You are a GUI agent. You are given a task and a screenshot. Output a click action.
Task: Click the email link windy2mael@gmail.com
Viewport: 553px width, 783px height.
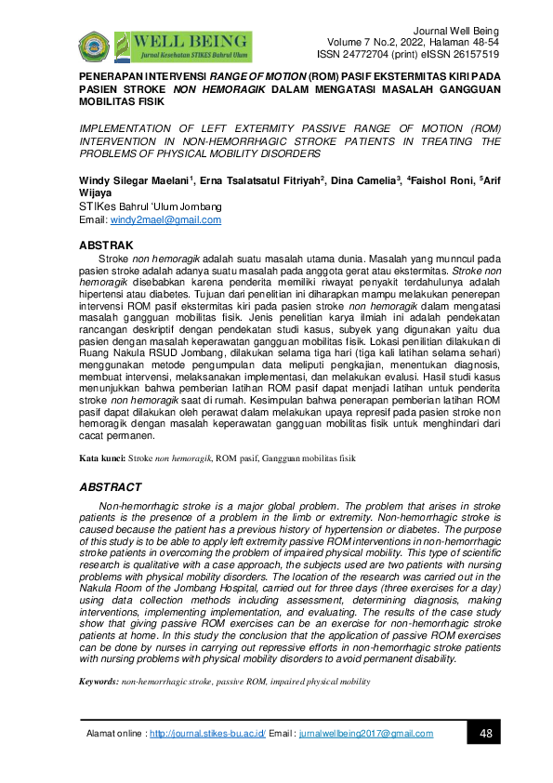pyautogui.click(x=165, y=220)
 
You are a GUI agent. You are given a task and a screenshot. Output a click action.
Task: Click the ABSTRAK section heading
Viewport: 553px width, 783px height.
pyautogui.click(x=108, y=245)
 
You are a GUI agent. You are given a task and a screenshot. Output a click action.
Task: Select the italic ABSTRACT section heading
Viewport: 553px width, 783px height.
pyautogui.click(x=110, y=487)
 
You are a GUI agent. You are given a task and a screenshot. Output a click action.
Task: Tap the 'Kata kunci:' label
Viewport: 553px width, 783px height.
pyautogui.click(x=101, y=458)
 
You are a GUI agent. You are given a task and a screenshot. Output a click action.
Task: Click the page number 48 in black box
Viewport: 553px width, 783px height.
pyautogui.click(x=485, y=733)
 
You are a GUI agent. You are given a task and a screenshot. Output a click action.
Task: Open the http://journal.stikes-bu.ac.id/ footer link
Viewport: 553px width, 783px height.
pyautogui.click(x=207, y=734)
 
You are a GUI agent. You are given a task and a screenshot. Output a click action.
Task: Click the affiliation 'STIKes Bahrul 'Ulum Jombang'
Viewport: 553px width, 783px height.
pyautogui.click(x=150, y=206)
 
